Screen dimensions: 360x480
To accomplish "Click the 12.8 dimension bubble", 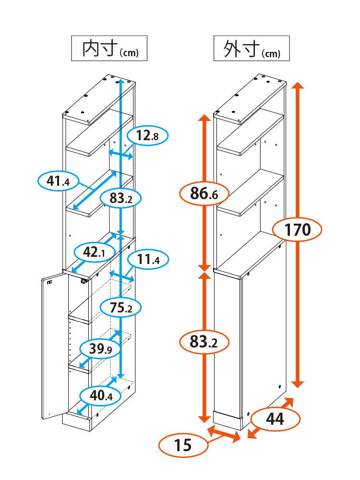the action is coord(147,135).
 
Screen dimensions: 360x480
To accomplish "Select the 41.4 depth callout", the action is coord(58,181).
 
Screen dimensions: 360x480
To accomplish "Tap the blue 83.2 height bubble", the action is coord(121,198).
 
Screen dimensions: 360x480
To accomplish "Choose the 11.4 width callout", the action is coord(148,260).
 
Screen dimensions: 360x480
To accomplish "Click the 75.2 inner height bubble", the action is coord(121,307).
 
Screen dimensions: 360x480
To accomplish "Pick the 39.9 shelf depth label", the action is coord(100,348).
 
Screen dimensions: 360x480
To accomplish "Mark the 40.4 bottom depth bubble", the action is coord(101,396).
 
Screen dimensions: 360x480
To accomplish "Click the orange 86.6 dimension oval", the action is coord(204,193).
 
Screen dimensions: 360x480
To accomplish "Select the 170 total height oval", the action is coord(297,229).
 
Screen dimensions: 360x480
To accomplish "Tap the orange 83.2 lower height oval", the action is coord(204,342).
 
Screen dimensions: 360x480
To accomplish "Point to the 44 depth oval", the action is coord(275,419).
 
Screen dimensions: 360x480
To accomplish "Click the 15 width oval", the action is coord(183,445).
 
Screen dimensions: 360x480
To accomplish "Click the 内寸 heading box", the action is coord(109,48).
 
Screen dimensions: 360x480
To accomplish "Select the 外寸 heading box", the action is coord(252,48).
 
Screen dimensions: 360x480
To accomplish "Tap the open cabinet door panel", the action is coord(55,346).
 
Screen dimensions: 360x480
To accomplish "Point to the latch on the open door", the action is coord(49,283).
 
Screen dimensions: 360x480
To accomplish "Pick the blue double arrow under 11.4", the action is coord(122,276).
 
